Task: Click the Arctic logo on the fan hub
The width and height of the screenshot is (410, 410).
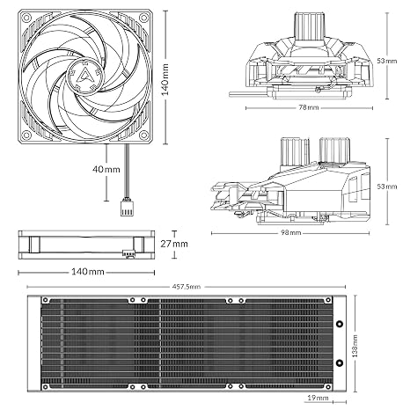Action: click(x=85, y=76)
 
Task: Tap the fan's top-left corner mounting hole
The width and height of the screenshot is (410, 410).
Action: click(x=27, y=18)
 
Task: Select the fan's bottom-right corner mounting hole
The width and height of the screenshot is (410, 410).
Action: click(x=143, y=135)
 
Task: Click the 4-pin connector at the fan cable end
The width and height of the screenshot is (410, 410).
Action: click(x=128, y=208)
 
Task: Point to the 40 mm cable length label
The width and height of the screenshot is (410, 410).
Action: click(x=106, y=169)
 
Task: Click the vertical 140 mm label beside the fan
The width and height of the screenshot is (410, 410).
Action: click(x=165, y=79)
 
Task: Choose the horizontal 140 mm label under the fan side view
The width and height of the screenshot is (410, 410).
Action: click(x=88, y=272)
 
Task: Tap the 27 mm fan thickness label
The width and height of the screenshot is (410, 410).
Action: click(x=174, y=244)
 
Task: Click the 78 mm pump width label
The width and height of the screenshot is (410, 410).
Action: click(x=309, y=107)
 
